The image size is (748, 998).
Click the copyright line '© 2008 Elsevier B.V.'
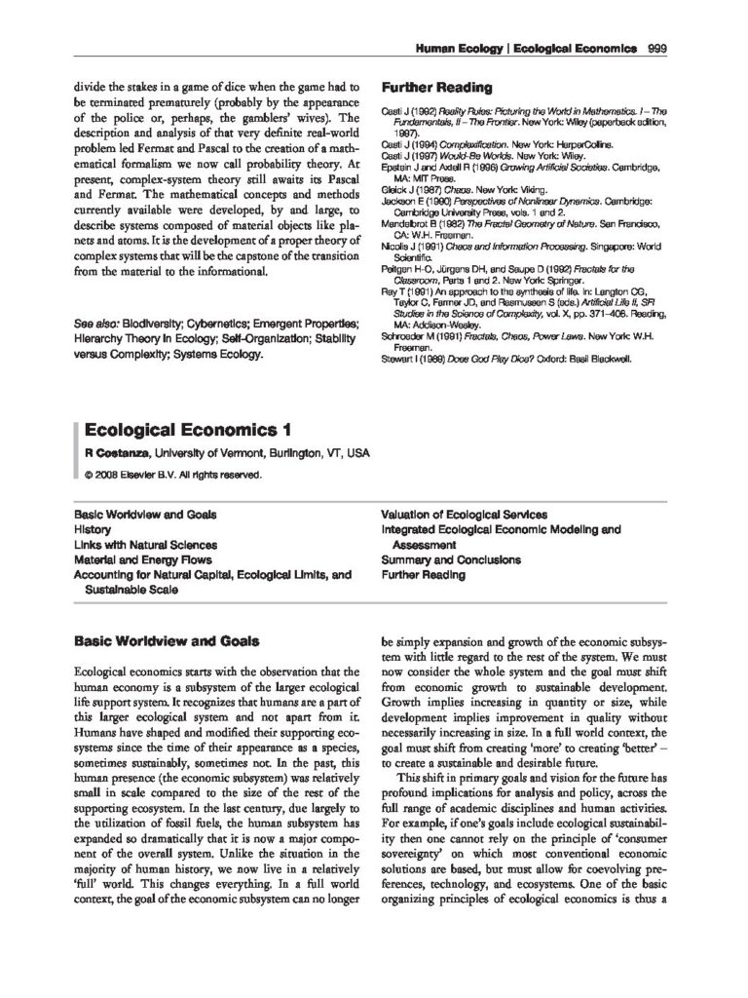(172, 476)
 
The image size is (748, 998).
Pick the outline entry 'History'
(93, 529)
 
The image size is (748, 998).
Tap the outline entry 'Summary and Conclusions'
(444, 560)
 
